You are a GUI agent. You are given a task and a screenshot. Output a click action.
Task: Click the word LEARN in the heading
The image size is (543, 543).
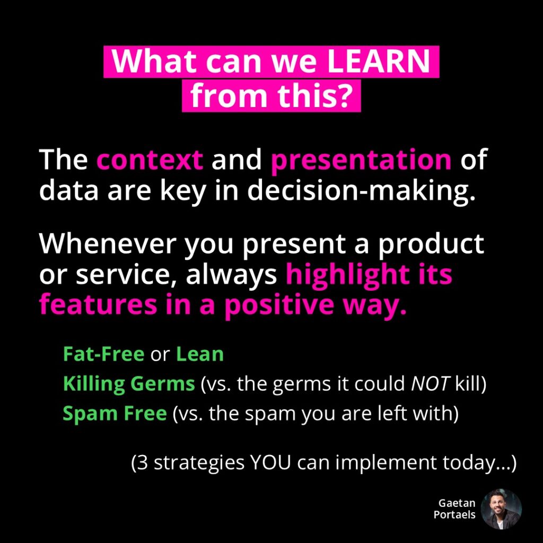(378, 62)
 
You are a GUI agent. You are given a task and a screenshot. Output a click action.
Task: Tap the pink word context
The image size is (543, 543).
(150, 159)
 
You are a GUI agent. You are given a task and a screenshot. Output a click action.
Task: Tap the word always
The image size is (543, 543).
(231, 275)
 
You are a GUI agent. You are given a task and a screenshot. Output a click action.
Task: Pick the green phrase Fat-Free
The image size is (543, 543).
(103, 354)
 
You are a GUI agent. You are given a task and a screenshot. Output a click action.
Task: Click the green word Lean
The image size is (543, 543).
(200, 354)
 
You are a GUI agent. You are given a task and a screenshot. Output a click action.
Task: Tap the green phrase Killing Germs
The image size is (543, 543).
(129, 384)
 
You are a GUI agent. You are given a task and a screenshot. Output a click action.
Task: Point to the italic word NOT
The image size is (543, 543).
(431, 384)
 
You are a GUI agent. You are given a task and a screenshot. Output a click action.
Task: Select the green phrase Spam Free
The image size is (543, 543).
(115, 414)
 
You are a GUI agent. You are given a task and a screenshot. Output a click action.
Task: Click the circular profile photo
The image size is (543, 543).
(501, 509)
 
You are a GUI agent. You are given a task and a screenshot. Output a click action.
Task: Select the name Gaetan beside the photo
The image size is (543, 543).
(457, 503)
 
